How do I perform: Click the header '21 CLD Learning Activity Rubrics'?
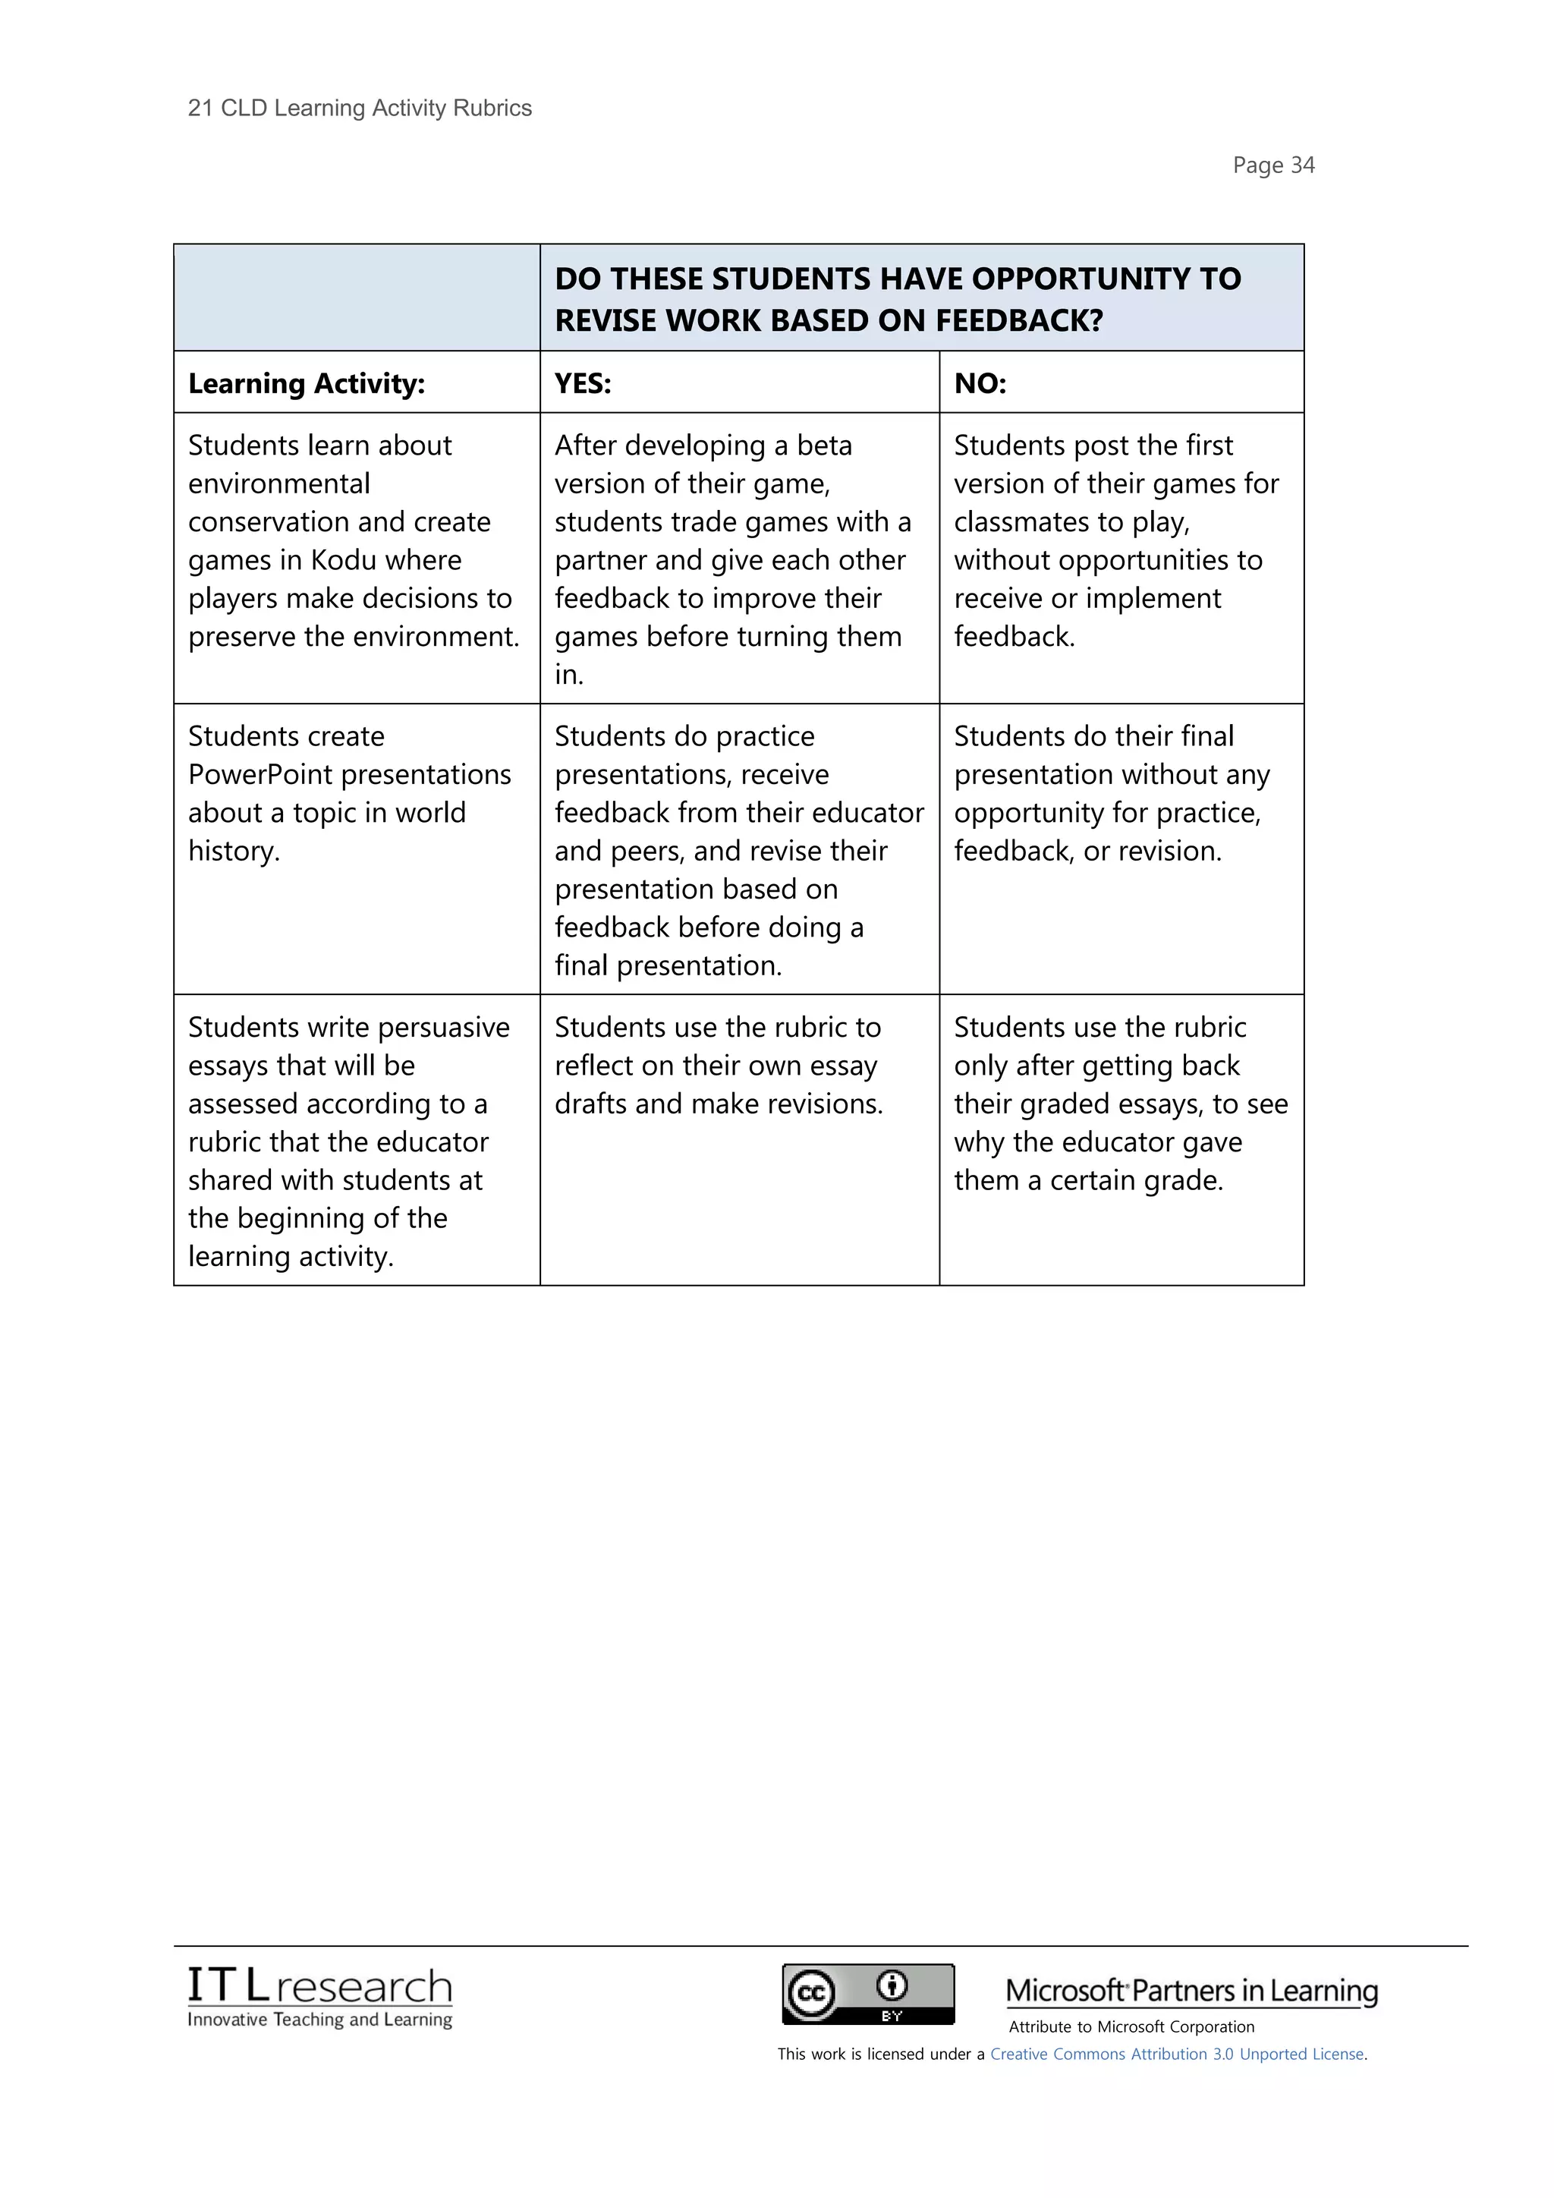tap(360, 109)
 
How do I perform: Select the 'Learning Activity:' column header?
tap(307, 384)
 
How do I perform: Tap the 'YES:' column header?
tap(583, 384)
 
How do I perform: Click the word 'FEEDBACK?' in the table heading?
tap(1019, 321)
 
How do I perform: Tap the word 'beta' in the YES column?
tap(824, 446)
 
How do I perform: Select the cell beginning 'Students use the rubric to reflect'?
tap(718, 1066)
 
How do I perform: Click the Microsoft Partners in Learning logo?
tap(1191, 1992)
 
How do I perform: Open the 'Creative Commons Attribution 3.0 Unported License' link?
tap(1177, 2054)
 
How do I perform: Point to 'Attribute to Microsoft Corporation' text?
tap(1131, 2026)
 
